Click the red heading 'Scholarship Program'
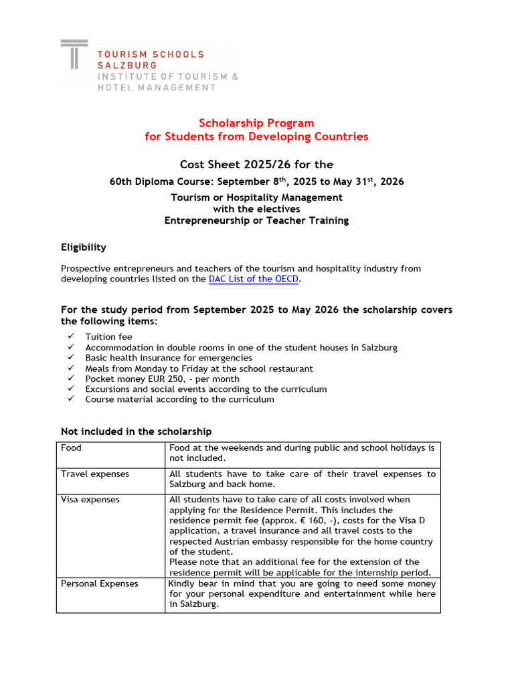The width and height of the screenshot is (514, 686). [x=256, y=123]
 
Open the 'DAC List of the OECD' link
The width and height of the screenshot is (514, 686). [x=254, y=279]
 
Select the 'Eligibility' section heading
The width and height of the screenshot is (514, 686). [x=84, y=247]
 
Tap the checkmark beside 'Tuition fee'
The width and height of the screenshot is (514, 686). [x=72, y=337]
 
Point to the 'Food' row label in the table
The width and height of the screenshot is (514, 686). [x=71, y=448]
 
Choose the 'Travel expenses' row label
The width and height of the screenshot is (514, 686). [x=95, y=474]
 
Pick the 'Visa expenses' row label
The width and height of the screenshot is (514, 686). [x=90, y=499]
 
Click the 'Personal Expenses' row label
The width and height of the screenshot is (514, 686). [x=100, y=584]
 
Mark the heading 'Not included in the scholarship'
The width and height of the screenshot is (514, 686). [x=137, y=431]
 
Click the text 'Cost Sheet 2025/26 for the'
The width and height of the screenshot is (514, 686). [x=256, y=165]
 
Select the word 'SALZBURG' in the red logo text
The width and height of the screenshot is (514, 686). [x=127, y=65]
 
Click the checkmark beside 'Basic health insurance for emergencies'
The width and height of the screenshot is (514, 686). [x=72, y=358]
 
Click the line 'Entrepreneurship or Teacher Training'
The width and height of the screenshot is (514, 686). [x=256, y=220]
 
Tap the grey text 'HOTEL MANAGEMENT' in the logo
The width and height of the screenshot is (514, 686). [x=157, y=87]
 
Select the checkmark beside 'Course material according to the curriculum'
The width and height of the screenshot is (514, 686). [x=72, y=399]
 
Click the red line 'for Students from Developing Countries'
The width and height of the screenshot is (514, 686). [x=256, y=137]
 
